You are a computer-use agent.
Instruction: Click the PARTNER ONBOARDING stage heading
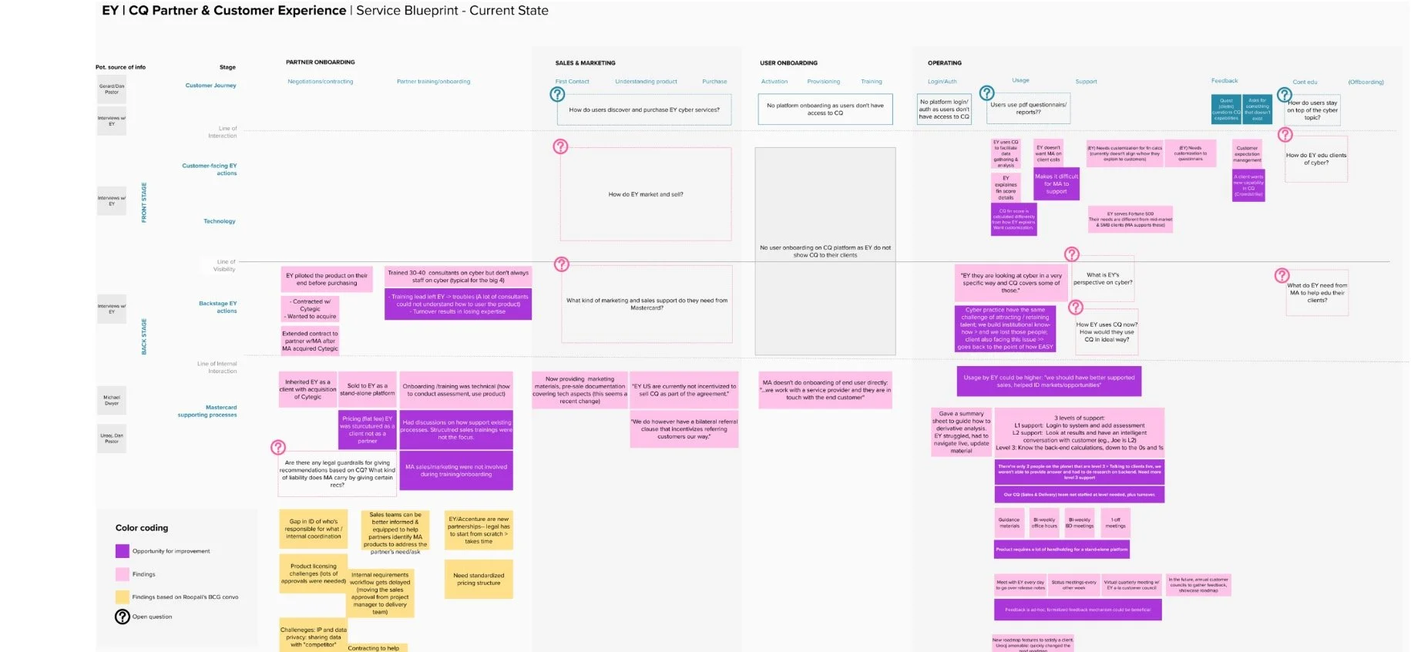tap(320, 62)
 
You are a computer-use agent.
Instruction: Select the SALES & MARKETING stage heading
tap(585, 63)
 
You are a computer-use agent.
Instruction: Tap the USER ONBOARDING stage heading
tap(788, 63)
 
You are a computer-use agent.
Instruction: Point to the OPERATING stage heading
tap(944, 63)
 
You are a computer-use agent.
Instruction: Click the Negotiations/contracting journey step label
tap(320, 82)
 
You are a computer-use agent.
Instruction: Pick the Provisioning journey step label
tap(823, 82)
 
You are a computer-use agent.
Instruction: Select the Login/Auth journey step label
tap(942, 82)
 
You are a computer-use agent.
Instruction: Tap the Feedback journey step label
tap(1224, 81)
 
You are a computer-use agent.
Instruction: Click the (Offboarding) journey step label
tap(1366, 82)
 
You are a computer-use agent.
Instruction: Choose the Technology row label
tap(220, 222)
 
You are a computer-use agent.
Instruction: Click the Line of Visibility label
tap(225, 266)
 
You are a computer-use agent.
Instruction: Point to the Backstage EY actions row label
tap(218, 308)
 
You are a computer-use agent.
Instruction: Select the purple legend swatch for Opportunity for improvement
tap(122, 551)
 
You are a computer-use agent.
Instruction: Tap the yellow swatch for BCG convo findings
tap(122, 597)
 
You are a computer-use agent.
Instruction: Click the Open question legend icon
tap(122, 617)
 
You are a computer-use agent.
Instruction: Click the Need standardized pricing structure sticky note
tap(479, 580)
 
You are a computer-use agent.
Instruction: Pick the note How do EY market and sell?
tap(646, 195)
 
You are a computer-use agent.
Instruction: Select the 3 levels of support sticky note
tap(1079, 432)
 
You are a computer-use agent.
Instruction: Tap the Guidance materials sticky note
tap(1009, 523)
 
